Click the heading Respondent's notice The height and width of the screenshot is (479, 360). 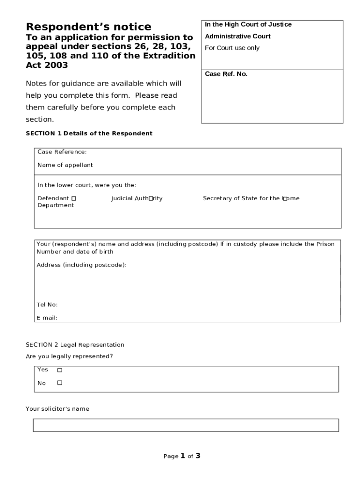coord(88,27)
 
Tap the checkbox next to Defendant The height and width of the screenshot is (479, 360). coord(74,199)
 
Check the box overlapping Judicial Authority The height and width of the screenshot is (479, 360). coord(151,199)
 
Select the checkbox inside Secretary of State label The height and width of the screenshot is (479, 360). coord(285,199)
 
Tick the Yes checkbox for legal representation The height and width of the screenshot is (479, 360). coord(59,370)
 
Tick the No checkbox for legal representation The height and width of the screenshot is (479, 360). coord(59,383)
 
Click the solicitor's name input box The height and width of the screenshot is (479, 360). coord(186,425)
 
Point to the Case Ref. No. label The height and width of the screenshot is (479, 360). coord(226,74)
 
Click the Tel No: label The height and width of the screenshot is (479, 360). coord(47,305)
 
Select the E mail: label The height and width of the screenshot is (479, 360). coord(47,318)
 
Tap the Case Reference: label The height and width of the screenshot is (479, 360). coord(62,152)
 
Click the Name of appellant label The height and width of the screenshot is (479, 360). coord(65,165)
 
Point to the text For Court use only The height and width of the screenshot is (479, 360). coord(232,48)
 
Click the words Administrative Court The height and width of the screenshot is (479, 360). coord(238,36)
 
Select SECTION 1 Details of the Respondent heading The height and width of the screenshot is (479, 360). coord(89,133)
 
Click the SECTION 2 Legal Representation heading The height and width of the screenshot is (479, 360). coord(75,345)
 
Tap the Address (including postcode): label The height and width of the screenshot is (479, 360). coord(81,265)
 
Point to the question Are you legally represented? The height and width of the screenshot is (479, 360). coord(69,356)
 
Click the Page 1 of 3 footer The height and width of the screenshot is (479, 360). coord(182,456)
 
